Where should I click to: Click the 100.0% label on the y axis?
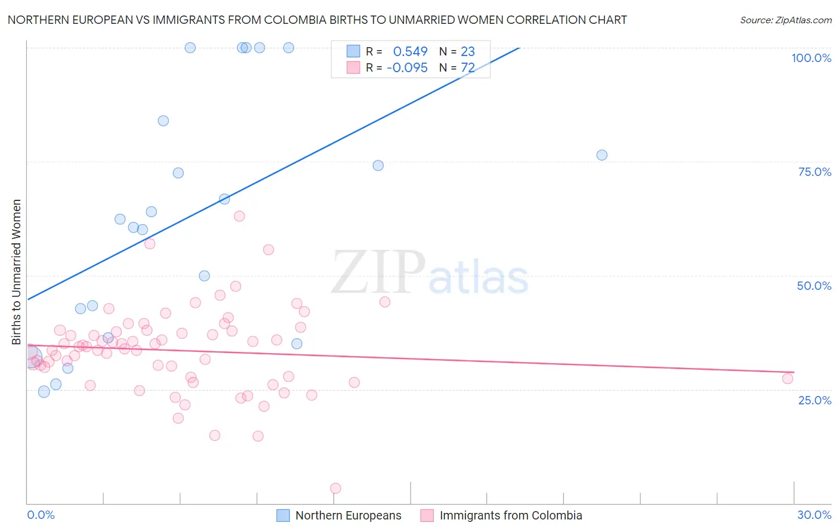(x=811, y=58)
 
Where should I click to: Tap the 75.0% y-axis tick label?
(x=815, y=172)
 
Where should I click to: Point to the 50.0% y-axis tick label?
(x=814, y=286)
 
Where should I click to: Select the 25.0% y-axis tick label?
(x=815, y=400)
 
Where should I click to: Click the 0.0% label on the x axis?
(x=41, y=515)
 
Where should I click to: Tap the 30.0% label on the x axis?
(x=814, y=515)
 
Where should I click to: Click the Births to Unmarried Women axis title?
(x=16, y=272)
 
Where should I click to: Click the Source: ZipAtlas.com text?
(x=785, y=20)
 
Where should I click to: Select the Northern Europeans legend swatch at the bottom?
(x=283, y=515)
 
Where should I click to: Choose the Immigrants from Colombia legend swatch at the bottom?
(x=427, y=515)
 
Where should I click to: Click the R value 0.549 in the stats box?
(x=410, y=52)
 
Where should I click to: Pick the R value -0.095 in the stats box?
(x=407, y=68)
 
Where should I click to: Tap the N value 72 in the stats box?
(x=467, y=68)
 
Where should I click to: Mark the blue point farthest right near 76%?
(x=602, y=155)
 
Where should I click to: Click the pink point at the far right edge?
(x=788, y=379)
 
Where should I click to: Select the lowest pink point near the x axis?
(x=335, y=488)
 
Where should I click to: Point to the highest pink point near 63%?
(x=239, y=216)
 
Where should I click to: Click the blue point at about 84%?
(x=163, y=120)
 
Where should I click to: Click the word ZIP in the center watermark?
(x=378, y=272)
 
